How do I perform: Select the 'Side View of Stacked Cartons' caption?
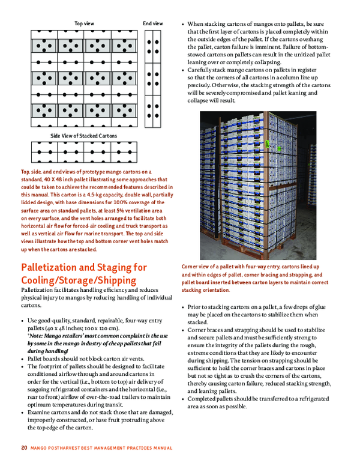point(83,136)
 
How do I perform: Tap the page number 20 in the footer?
point(24,448)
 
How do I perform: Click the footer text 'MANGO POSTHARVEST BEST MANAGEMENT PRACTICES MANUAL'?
point(101,448)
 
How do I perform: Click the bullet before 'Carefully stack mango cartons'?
point(182,70)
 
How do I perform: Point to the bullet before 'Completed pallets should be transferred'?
point(182,382)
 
